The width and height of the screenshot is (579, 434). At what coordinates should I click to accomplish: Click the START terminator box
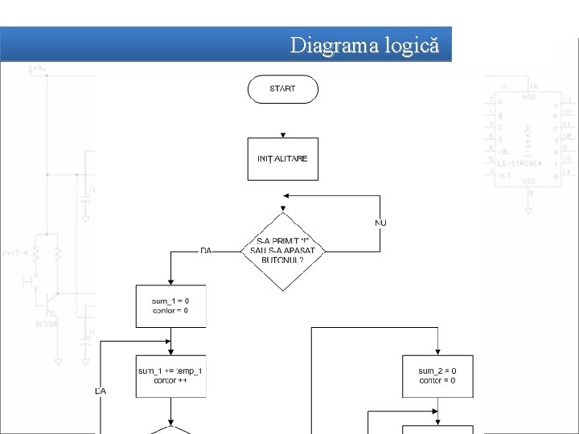pos(282,88)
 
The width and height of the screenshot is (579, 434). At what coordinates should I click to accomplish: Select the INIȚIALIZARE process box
pos(282,158)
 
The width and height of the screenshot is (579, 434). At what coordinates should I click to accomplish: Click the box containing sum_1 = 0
pos(170,305)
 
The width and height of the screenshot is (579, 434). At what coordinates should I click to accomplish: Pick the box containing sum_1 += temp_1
pos(170,375)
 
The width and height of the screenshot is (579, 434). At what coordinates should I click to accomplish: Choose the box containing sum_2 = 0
pos(437,375)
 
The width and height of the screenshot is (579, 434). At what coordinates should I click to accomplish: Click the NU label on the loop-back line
pos(380,222)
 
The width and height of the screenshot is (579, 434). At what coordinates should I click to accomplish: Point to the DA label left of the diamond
pos(206,251)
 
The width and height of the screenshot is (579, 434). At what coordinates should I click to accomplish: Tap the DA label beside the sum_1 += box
pos(101,391)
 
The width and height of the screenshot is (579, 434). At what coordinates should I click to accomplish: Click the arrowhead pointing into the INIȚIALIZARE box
pos(282,136)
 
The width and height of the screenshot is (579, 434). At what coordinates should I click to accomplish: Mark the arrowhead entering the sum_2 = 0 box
pos(437,351)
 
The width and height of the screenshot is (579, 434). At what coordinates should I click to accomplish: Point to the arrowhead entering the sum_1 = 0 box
pos(170,281)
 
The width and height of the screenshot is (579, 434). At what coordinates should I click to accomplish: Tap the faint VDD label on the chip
pos(528,97)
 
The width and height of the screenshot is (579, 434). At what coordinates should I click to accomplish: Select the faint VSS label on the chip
pos(528,182)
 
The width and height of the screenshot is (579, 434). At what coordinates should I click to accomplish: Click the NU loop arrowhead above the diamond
pos(285,195)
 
